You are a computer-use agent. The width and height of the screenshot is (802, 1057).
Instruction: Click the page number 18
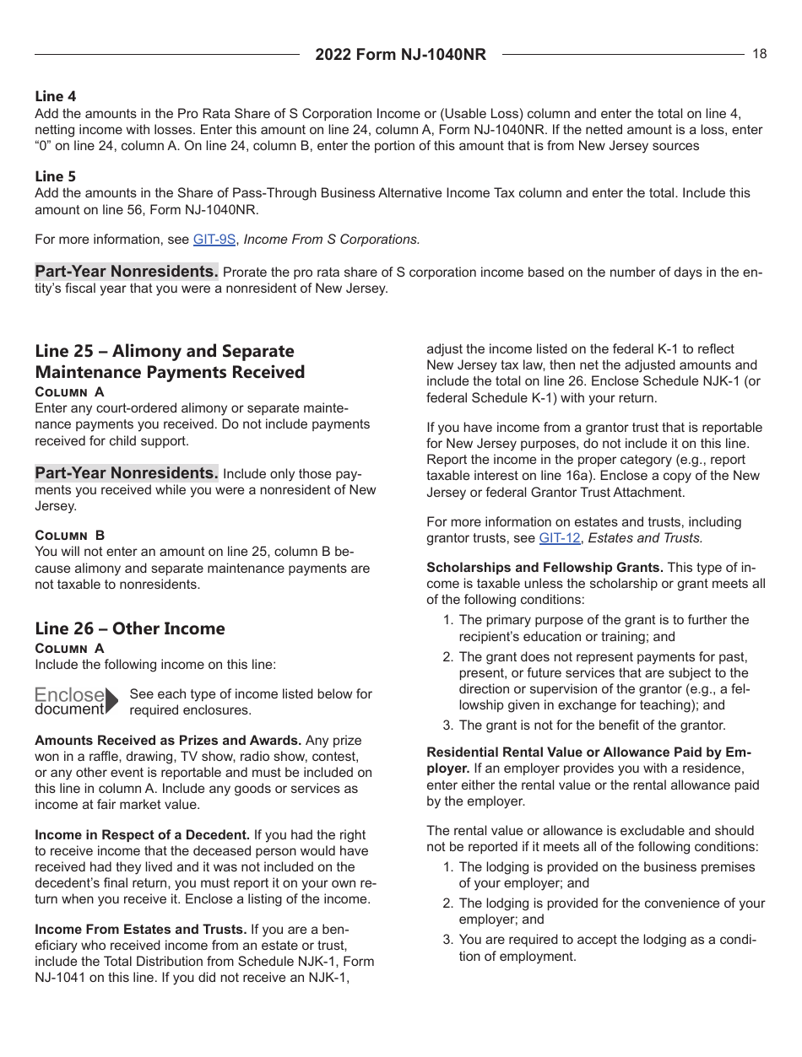[x=759, y=54]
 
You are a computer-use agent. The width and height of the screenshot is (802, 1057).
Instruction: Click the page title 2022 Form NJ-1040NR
[x=400, y=55]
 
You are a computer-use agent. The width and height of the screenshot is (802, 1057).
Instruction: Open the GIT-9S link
[x=214, y=240]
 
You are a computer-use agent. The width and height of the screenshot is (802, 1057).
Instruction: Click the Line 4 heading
[x=55, y=97]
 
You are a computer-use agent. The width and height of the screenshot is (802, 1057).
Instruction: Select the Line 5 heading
[x=55, y=176]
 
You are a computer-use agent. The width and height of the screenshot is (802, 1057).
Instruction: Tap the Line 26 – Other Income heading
[x=130, y=628]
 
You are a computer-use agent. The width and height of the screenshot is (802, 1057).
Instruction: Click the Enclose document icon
[x=76, y=701]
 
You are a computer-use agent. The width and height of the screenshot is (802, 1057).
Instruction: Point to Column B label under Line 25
[x=70, y=536]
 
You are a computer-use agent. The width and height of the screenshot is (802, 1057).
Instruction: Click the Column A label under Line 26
[x=70, y=649]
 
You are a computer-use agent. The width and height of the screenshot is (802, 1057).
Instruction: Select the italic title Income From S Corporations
[x=331, y=240]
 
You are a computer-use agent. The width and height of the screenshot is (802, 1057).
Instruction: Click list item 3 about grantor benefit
[x=591, y=725]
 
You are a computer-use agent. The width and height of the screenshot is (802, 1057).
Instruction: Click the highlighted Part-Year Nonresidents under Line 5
[x=127, y=272]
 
